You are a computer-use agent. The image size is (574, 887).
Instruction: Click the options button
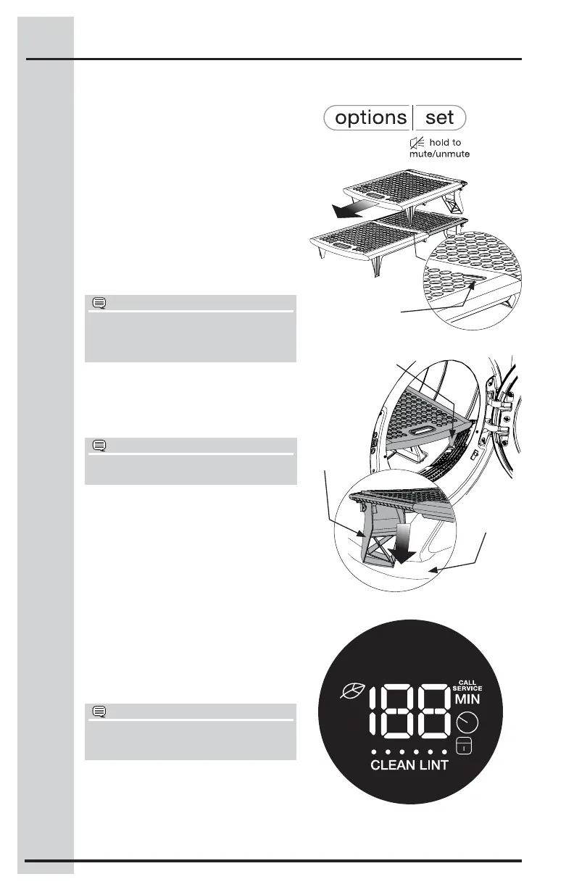click(368, 117)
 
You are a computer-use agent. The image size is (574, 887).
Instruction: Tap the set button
click(440, 117)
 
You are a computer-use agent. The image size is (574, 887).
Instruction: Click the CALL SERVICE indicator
click(469, 685)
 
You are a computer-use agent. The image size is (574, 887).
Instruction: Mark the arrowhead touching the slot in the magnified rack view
click(473, 284)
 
